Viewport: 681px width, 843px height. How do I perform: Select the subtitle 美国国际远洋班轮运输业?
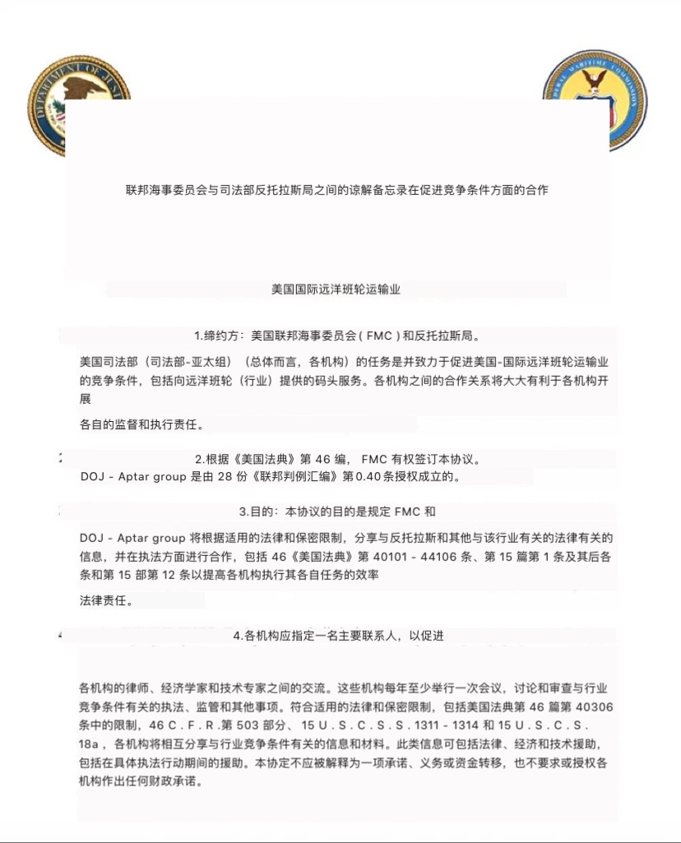(x=336, y=289)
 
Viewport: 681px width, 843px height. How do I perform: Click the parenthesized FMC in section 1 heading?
(x=379, y=336)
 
